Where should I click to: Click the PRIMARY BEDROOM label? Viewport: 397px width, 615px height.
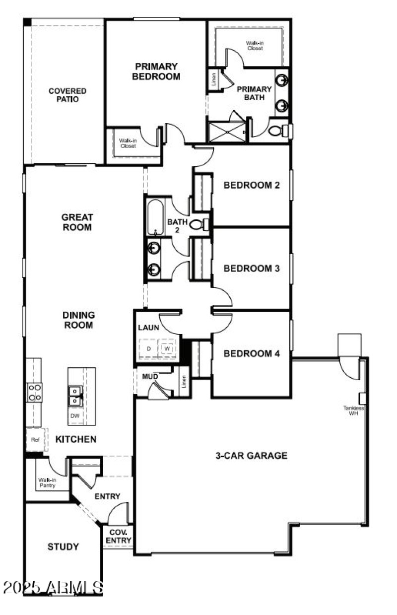[156, 71]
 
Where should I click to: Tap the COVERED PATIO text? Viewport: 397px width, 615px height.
[67, 95]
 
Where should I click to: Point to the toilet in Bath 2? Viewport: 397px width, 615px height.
[198, 225]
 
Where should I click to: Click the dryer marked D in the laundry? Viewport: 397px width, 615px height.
[147, 348]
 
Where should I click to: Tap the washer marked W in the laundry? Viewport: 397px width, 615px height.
[167, 348]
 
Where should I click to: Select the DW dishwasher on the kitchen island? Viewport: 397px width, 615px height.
[74, 416]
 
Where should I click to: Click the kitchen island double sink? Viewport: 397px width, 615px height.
[75, 396]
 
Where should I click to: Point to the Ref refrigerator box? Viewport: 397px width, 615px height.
[35, 439]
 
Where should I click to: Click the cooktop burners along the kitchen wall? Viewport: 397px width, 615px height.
[34, 392]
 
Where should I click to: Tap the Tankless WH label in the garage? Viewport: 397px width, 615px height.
[353, 410]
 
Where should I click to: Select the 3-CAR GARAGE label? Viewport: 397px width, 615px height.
[251, 455]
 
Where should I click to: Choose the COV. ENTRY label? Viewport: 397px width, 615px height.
[119, 537]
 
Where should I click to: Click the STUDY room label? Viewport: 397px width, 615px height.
[63, 547]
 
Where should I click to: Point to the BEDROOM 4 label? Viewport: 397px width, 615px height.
[252, 354]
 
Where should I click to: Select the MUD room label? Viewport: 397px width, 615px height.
[150, 377]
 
